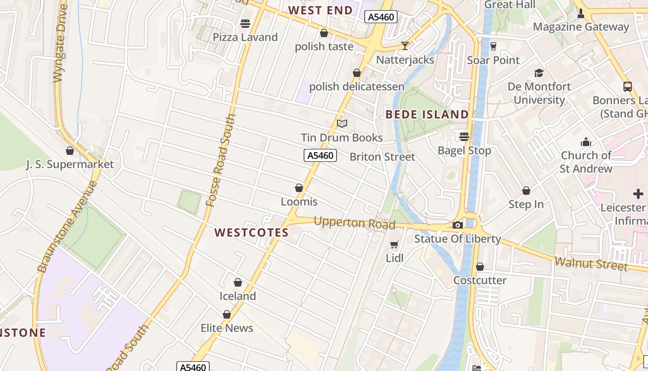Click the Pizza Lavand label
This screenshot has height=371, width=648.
coord(245,37)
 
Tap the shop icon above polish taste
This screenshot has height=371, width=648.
coord(324,33)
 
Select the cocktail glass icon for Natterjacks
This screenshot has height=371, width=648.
coord(405,45)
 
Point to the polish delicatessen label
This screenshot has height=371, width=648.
coord(356,87)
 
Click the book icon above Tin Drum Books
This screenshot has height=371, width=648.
coord(342,123)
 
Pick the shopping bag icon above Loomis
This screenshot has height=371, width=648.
coord(299,188)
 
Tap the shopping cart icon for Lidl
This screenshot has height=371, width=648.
coord(394,244)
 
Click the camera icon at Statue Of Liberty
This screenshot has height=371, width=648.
coord(457,225)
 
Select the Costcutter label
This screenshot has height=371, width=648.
coord(480,280)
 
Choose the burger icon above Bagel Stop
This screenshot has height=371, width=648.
coord(464,136)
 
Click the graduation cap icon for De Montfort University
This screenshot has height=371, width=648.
coord(539,73)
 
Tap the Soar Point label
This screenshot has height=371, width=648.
coord(493,60)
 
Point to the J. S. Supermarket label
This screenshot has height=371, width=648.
coord(70,164)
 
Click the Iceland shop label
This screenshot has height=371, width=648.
coord(238,296)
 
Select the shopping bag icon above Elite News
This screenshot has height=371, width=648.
coord(227,314)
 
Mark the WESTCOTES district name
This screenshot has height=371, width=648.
coord(251,232)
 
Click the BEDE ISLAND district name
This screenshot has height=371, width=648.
coord(427,114)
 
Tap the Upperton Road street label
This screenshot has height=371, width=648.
coord(354,223)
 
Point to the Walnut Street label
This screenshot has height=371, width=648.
coord(591,263)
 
